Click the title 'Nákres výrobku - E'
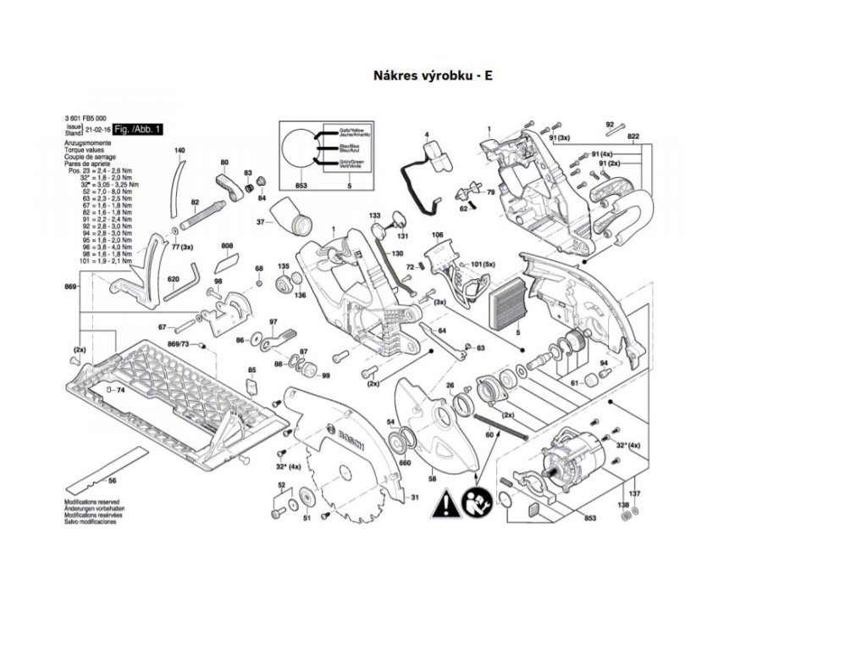(x=433, y=75)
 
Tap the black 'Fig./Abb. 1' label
(x=138, y=128)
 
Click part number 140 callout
(x=179, y=150)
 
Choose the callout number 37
(x=262, y=223)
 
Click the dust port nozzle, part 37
(x=290, y=217)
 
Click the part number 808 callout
(x=227, y=246)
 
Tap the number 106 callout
(x=437, y=234)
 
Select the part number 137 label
(x=636, y=493)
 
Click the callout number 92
(x=610, y=125)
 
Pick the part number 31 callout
(x=415, y=498)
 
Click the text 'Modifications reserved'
(x=91, y=502)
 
